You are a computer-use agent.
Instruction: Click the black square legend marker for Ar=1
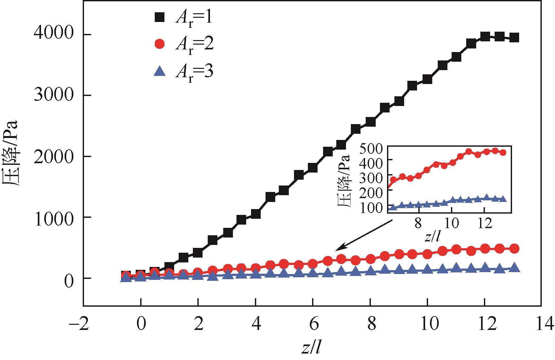click(x=160, y=17)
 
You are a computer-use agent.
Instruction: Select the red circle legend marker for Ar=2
click(x=160, y=44)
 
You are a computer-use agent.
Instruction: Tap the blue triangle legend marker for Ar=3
click(x=160, y=71)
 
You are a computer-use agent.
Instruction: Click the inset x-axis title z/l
click(x=432, y=237)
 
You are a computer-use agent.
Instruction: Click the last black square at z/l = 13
click(x=514, y=38)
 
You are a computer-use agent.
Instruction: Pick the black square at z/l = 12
click(x=485, y=36)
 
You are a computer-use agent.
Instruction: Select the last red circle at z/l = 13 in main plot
click(x=514, y=249)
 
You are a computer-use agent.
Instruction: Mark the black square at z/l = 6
click(x=313, y=168)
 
